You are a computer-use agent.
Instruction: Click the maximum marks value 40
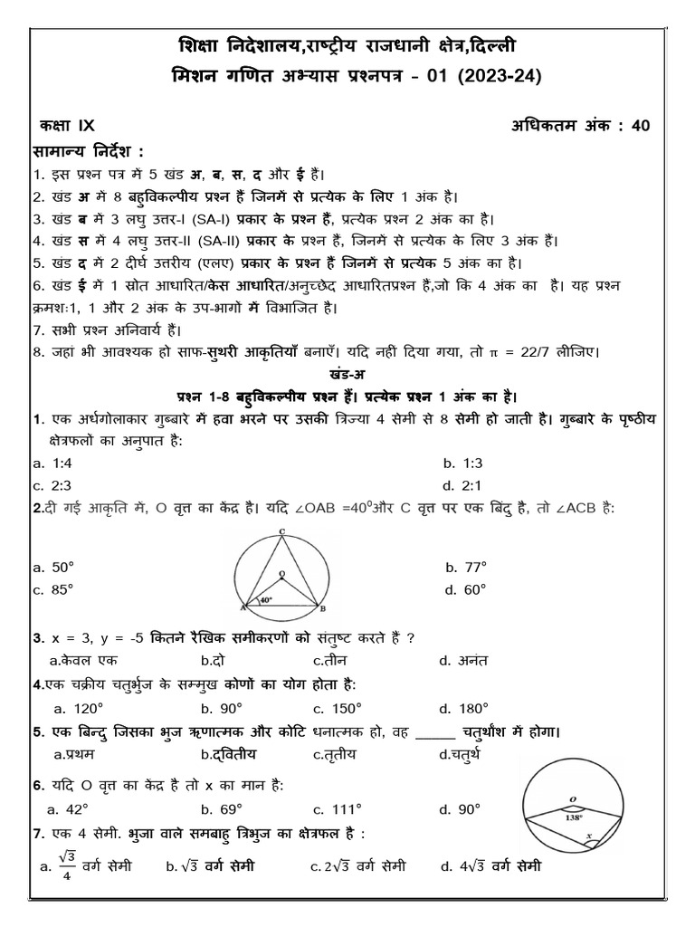pyautogui.click(x=641, y=127)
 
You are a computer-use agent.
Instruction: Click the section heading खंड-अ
pyautogui.click(x=347, y=373)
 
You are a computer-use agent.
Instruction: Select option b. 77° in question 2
pyautogui.click(x=466, y=567)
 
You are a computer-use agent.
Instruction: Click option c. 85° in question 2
pyautogui.click(x=52, y=588)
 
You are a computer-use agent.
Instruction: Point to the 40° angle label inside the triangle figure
pyautogui.click(x=266, y=599)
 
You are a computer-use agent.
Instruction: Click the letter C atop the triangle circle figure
pyautogui.click(x=282, y=531)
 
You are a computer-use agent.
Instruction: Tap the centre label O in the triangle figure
pyautogui.click(x=281, y=573)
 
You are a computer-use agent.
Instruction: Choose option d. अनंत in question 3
pyautogui.click(x=459, y=661)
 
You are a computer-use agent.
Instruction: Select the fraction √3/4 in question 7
pyautogui.click(x=67, y=866)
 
